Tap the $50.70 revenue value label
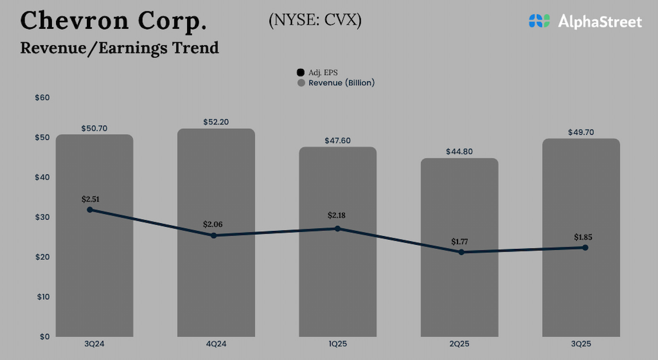point(95,129)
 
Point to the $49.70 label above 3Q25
point(581,132)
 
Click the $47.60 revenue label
point(338,140)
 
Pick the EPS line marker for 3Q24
point(90,210)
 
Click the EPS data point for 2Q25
point(461,252)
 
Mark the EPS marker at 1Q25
point(338,228)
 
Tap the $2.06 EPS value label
point(213,224)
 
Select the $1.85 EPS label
point(584,237)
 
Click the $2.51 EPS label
point(91,199)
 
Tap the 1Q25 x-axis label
point(338,344)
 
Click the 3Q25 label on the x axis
point(581,344)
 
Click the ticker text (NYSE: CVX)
point(315,20)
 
